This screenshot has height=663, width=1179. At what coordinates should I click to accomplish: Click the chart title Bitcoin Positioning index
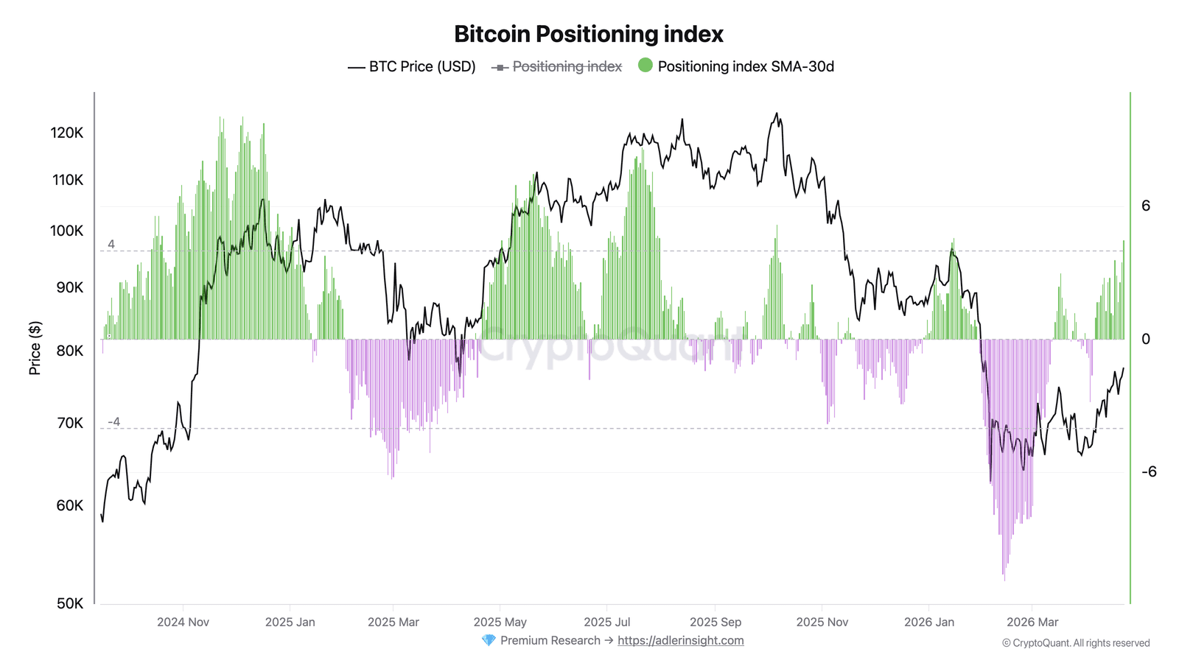[589, 34]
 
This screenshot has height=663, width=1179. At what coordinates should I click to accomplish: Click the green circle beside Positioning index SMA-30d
[646, 66]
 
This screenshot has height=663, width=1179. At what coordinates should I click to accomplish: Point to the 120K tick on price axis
[67, 133]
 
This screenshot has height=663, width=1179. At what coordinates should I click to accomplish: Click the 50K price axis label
[70, 603]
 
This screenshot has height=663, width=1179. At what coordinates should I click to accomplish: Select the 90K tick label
[70, 287]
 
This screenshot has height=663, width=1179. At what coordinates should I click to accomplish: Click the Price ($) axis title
[35, 348]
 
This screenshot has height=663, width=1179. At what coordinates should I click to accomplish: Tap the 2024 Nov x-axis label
[183, 622]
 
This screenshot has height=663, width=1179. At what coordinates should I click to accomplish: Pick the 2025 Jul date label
[607, 622]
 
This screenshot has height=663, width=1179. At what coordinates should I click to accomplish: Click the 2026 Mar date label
[1032, 622]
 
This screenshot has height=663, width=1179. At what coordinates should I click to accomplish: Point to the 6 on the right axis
[1146, 206]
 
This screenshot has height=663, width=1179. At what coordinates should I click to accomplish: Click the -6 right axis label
[1149, 471]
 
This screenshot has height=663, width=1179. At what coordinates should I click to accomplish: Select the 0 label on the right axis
[1146, 339]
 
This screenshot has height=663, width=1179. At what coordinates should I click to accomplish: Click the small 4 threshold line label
[111, 244]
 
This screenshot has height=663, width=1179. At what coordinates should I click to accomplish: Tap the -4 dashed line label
[113, 421]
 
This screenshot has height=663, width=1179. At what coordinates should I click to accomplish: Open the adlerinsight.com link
[681, 640]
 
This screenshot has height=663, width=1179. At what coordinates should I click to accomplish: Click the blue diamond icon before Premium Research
[489, 640]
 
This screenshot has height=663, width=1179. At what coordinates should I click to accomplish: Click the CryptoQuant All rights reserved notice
[1076, 643]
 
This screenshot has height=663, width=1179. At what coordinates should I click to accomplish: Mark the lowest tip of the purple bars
[1004, 580]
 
